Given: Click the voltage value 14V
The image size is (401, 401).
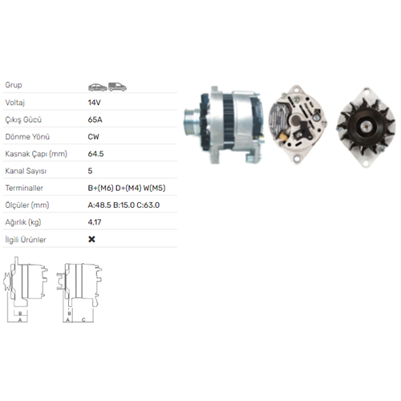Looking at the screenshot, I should [x=93, y=103].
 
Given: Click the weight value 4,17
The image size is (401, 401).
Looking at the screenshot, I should [x=94, y=222].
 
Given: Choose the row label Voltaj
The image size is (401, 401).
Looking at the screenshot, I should [x=15, y=103].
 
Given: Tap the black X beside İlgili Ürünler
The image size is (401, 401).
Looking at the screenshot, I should [x=91, y=239].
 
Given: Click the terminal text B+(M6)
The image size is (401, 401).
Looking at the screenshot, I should [x=101, y=188].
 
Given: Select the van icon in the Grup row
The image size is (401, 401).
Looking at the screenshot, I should [x=116, y=85].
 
